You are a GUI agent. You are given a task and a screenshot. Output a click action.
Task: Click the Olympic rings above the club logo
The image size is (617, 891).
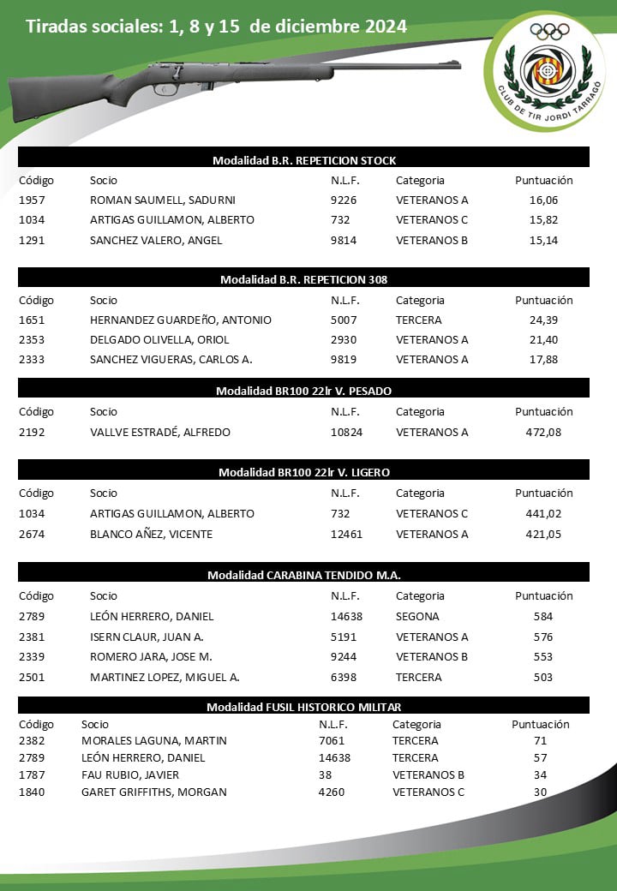(x=549, y=31)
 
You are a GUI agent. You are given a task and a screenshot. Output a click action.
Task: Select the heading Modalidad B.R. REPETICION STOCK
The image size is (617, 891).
(x=304, y=160)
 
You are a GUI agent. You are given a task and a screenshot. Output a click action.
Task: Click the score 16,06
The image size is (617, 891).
(x=543, y=200)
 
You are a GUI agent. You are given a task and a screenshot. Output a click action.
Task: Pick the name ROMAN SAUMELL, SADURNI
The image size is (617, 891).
(x=163, y=200)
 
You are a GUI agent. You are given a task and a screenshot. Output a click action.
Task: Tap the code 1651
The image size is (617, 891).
(x=31, y=320)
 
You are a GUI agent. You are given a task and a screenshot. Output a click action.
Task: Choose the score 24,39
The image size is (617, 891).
(x=543, y=320)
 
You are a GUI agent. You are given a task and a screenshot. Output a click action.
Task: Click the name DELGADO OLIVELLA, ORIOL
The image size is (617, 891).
(x=159, y=339)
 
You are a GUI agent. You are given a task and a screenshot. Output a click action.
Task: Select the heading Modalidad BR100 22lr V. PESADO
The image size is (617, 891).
(x=304, y=391)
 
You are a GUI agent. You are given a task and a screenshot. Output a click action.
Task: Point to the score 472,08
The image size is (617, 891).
(x=543, y=432)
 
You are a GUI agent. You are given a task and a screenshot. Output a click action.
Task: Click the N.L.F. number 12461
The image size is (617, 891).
(x=346, y=534)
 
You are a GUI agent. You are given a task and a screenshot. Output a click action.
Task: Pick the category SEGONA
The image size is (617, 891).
(x=417, y=616)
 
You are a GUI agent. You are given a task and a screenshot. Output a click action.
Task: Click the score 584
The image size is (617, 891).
(x=542, y=616)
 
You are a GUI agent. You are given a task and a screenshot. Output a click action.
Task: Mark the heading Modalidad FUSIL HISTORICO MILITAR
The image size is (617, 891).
(x=304, y=707)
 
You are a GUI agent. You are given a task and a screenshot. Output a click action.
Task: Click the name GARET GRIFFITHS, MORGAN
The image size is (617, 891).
(x=154, y=792)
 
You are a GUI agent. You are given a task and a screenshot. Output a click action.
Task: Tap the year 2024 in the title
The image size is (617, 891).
(x=386, y=27)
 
